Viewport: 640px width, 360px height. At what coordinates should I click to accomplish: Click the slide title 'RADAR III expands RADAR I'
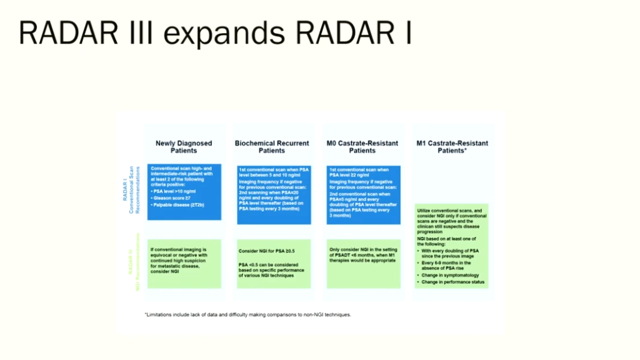pos(215,32)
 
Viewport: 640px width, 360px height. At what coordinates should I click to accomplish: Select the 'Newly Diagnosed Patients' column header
pos(184,147)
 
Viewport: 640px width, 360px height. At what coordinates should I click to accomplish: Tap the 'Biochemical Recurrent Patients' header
pos(272,147)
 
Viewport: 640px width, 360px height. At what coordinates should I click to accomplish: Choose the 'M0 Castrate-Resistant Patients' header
pos(362,147)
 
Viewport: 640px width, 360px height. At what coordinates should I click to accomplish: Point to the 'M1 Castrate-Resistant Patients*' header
pos(452,147)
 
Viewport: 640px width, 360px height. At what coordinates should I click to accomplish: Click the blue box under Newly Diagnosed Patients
pos(184,192)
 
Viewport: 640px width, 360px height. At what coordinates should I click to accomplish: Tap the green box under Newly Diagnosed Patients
pos(184,263)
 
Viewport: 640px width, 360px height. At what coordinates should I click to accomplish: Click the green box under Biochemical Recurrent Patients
pos(273,263)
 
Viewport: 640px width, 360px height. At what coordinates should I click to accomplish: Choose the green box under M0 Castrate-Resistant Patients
pos(363,263)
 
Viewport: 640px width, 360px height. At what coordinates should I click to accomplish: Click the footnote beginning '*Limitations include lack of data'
pos(247,314)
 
